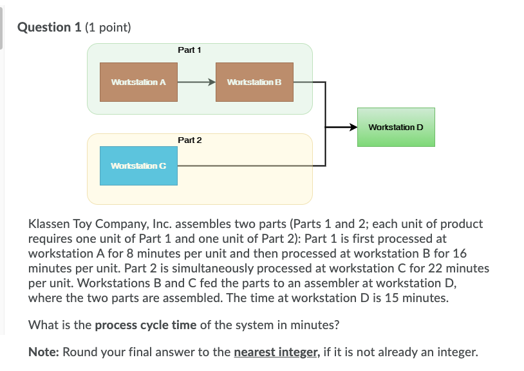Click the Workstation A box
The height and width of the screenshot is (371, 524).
[x=138, y=82]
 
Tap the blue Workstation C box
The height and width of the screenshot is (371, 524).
[x=138, y=166]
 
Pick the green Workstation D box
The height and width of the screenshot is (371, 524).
[x=396, y=127]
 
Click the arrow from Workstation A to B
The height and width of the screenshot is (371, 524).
[x=196, y=82]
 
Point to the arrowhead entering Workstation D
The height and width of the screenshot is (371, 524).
[x=353, y=127]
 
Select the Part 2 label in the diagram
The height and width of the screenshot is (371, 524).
[x=190, y=140]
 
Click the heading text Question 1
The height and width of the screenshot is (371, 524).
[x=44, y=27]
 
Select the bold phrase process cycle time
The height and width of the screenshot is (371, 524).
[x=145, y=325]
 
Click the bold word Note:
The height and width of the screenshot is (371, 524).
[x=44, y=352]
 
